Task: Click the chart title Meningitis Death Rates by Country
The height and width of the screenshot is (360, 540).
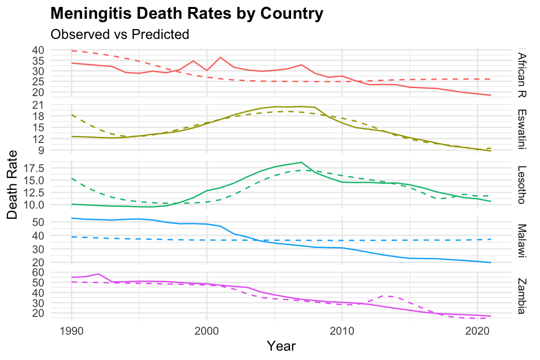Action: click(187, 14)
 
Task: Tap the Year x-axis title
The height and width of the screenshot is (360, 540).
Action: click(281, 346)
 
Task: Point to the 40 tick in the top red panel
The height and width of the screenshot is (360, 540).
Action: click(38, 50)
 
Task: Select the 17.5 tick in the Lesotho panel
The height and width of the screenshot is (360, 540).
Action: click(33, 168)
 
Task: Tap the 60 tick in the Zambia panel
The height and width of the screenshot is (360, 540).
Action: click(38, 272)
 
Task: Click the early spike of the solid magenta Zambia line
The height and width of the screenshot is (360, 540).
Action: click(98, 274)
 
